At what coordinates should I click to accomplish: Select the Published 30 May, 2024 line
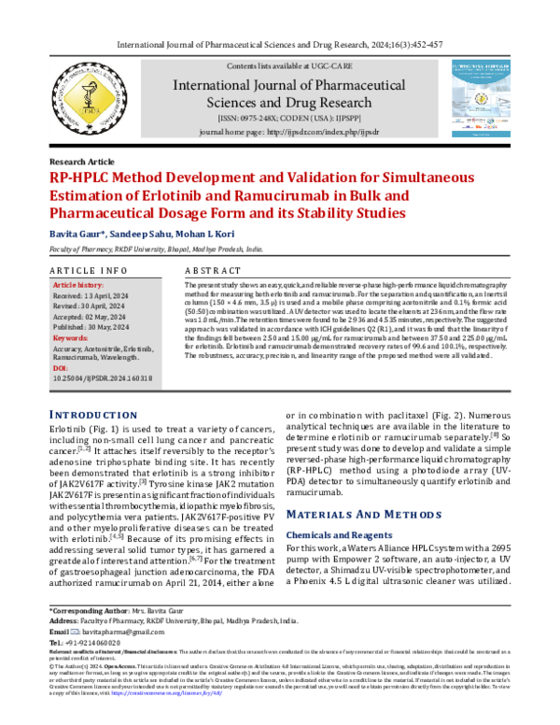[96, 327]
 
